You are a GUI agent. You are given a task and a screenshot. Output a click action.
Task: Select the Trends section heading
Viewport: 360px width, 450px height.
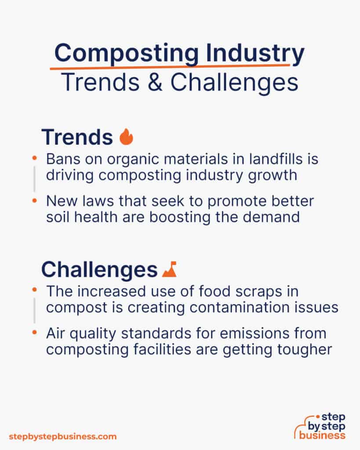[x=77, y=137]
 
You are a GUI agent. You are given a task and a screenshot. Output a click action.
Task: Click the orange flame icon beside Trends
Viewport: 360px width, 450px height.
[x=126, y=137]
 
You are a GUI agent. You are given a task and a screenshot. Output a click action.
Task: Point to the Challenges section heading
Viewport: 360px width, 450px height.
[x=99, y=270]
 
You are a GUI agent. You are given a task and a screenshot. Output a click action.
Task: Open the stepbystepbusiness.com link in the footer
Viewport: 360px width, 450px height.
[x=62, y=437]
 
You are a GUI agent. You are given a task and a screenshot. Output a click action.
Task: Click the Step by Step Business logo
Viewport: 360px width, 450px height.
[x=321, y=426]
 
